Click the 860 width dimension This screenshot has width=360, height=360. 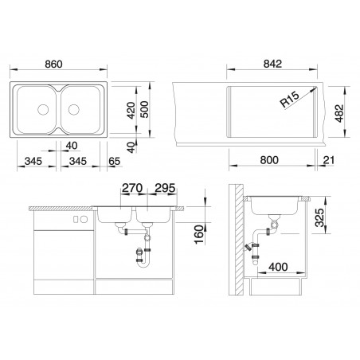tap(53, 64)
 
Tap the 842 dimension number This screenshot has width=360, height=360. tap(272, 64)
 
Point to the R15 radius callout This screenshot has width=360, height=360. tap(290, 99)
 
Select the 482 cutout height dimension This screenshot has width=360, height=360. tap(339, 114)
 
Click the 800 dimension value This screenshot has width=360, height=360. tap(269, 160)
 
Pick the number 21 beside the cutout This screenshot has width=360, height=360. tap(329, 160)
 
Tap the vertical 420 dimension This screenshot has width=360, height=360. tap(131, 111)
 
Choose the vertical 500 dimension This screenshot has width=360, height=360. tap(145, 109)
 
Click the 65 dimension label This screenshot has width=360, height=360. tap(114, 161)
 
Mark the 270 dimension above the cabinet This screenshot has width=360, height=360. tap(132, 188)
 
